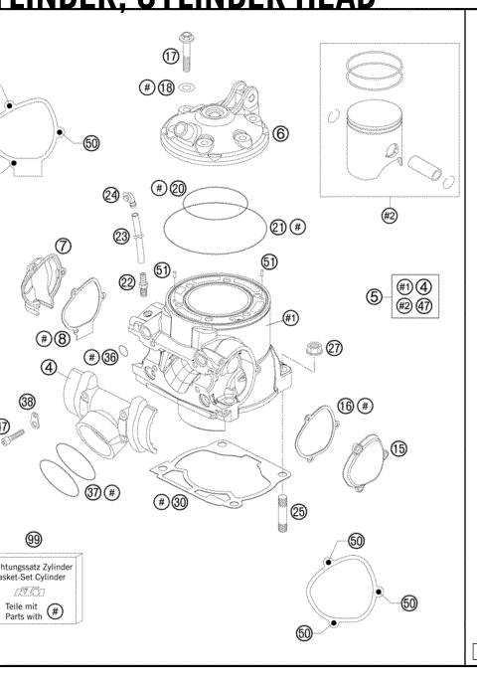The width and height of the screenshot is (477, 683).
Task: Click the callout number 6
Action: pos(280,133)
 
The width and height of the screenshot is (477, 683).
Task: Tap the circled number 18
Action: pos(166,87)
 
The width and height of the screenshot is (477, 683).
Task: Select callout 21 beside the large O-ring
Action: pos(279,227)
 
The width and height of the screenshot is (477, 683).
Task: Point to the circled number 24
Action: pos(111,195)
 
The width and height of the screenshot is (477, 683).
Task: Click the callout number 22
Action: pos(126,282)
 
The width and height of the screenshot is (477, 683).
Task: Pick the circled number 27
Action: pos(334,348)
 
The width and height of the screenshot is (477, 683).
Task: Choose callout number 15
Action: pos(398,449)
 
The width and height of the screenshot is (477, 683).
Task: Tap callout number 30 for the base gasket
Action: pos(179,503)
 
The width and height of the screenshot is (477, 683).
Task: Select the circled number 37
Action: pos(93,491)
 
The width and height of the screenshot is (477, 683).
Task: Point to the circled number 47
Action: pos(424,306)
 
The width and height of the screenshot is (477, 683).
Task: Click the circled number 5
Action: pos(374,296)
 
